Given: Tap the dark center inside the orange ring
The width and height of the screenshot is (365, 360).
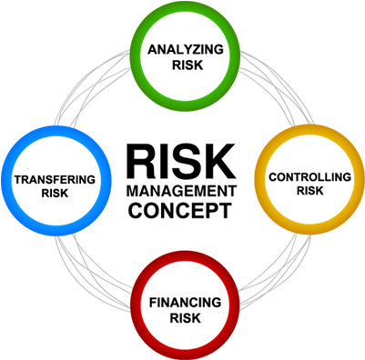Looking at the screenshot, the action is pos(309,178).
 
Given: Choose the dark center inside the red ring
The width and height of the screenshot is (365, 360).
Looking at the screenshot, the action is pos(186,305).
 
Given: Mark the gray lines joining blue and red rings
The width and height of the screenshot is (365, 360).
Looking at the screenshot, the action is pos(91,273).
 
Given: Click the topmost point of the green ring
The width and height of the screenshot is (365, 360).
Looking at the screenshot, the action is pos(186,2).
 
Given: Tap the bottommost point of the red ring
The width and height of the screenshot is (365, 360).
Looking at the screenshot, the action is pos(186,359).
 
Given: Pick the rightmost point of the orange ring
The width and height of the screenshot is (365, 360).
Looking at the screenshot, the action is pos(364,178).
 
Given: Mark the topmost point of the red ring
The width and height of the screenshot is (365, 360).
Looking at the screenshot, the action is pos(186,251).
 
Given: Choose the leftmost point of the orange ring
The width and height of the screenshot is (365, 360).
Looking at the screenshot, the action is pos(255,178).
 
